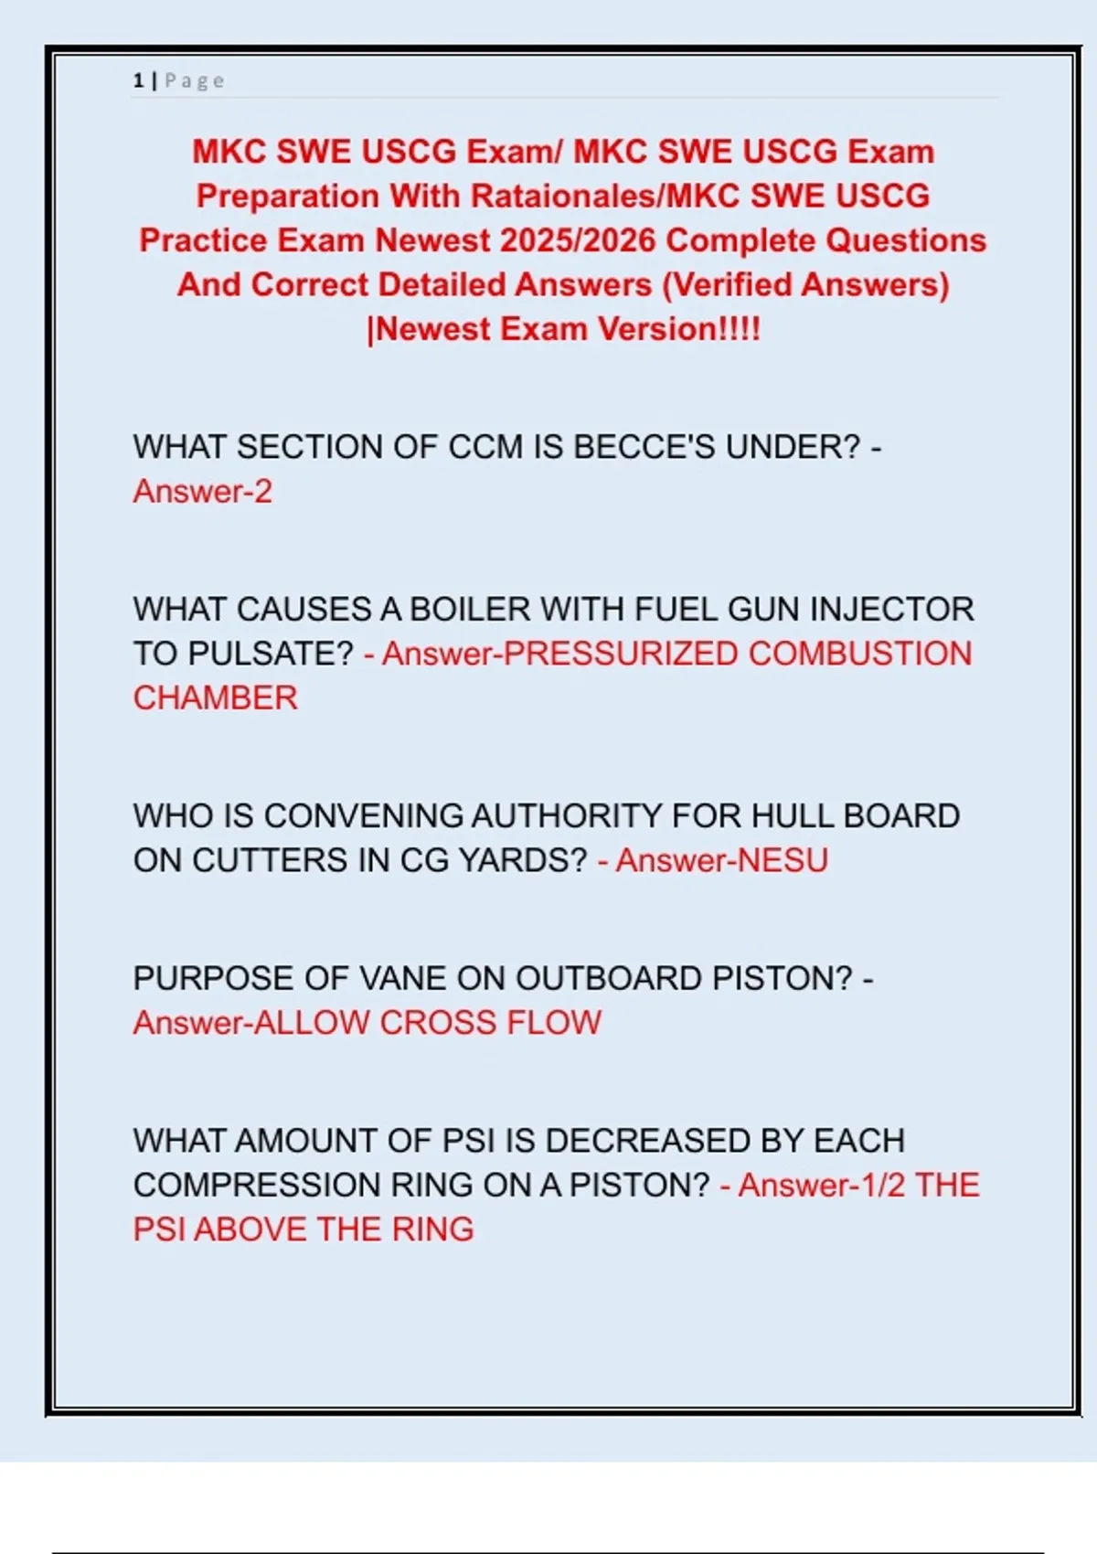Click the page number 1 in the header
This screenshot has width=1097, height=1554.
[x=138, y=80]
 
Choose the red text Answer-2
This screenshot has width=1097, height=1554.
[x=202, y=492]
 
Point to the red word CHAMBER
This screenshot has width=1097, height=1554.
[x=215, y=698]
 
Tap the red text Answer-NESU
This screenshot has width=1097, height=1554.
[x=721, y=860]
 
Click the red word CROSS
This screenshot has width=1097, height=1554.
[x=438, y=1023]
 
